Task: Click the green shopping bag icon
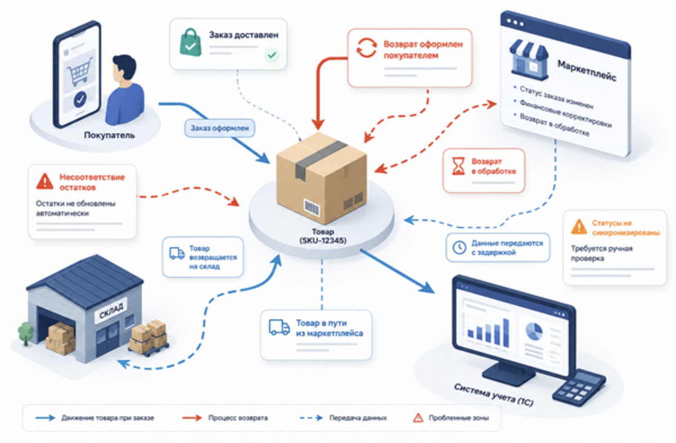click(x=190, y=43)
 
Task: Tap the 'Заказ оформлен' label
click(x=220, y=128)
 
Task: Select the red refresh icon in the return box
click(x=367, y=48)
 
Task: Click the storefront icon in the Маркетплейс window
click(x=529, y=60)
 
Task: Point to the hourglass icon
click(x=459, y=166)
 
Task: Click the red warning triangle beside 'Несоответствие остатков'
click(x=45, y=181)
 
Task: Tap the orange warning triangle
click(x=579, y=227)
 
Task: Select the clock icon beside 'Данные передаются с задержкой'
click(x=459, y=247)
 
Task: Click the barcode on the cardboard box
click(x=312, y=208)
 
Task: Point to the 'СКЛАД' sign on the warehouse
click(x=112, y=311)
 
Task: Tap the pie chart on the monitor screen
click(x=534, y=331)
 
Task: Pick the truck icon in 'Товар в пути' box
click(x=279, y=327)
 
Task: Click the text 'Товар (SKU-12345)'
click(x=323, y=236)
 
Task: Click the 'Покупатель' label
click(x=109, y=135)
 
